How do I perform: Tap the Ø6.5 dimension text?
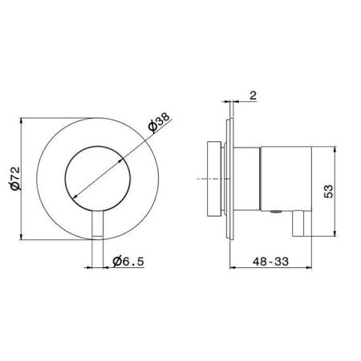[128, 260]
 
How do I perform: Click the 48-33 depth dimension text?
[270, 260]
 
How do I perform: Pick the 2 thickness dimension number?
[253, 95]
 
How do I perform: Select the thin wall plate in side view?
[231, 178]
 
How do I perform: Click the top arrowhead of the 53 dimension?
[337, 150]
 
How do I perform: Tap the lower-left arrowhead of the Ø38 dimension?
[73, 197]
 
